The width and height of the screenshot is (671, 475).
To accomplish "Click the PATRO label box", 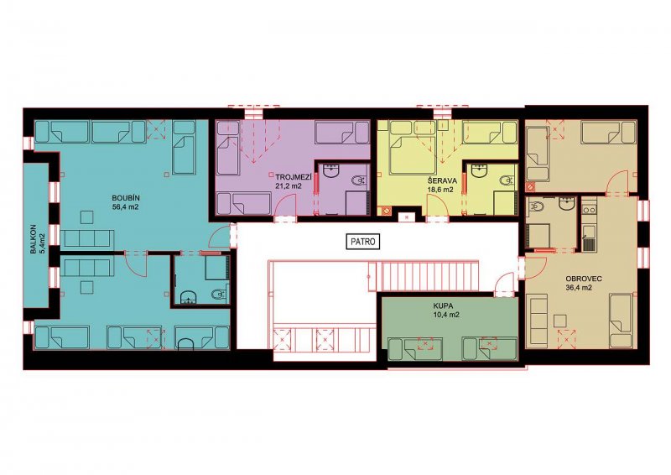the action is pos(363,242).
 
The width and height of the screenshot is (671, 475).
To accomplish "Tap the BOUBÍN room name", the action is pos(126,198).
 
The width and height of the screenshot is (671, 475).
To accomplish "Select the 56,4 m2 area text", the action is pos(126,206).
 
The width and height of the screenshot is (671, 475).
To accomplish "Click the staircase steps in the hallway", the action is pos(424,277).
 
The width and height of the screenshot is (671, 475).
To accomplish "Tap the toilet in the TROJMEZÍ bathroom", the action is pos(360,181).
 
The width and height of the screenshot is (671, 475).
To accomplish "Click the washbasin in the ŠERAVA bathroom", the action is pos(479,170).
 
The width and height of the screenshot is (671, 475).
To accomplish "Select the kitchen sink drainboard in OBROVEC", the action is pos(589,243).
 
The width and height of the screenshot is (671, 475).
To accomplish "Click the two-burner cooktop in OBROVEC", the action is pos(589,210).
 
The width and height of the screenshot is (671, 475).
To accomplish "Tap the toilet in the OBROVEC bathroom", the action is pos(536,207).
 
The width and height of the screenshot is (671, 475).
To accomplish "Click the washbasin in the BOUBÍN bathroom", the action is pos(188,297).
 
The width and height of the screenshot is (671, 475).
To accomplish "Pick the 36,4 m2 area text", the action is pos(579,288).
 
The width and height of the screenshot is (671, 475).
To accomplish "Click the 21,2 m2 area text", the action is pos(289,185).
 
